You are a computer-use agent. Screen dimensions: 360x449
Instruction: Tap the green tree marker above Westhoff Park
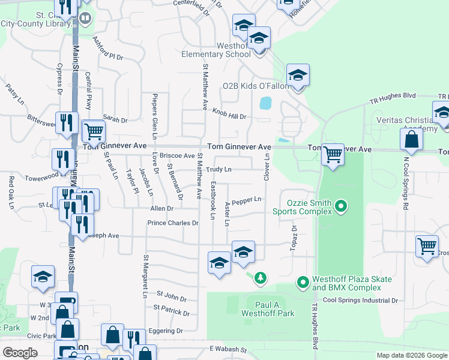pos(260,278)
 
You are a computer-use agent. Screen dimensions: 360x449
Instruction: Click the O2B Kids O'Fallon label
pos(256,86)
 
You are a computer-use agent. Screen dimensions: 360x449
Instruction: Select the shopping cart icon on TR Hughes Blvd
pos(332,155)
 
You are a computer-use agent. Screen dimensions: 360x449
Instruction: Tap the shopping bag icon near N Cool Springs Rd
pos(412,140)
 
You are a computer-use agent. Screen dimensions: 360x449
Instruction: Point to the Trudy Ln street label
pos(219,170)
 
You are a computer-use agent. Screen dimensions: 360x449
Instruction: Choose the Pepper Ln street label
pos(247,200)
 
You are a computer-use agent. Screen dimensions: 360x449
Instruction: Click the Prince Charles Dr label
pos(173,223)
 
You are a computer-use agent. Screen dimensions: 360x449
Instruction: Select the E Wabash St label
pos(228,349)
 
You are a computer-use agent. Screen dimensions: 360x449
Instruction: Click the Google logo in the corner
pos(20,353)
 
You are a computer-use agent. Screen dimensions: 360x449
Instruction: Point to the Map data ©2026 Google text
pos(411,355)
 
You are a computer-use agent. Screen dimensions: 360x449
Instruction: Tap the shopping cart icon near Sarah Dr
pos(93,131)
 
